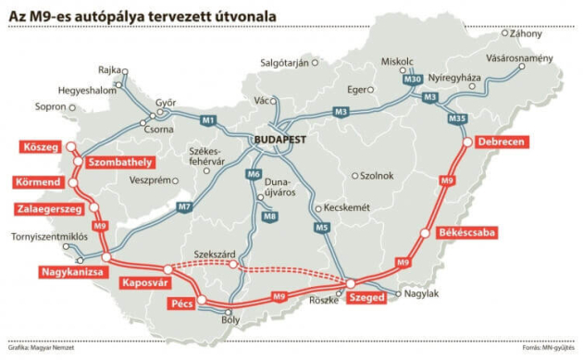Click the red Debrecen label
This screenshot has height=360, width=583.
coord(502,143)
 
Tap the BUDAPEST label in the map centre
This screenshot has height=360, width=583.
coord(282,139)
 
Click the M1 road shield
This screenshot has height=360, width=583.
coord(207,119)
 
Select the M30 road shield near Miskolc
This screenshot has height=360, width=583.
coord(412,81)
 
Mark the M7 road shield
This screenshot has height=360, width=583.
coord(184,205)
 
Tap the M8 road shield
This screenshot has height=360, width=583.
coord(269,217)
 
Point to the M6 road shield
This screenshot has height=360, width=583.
coord(253,173)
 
